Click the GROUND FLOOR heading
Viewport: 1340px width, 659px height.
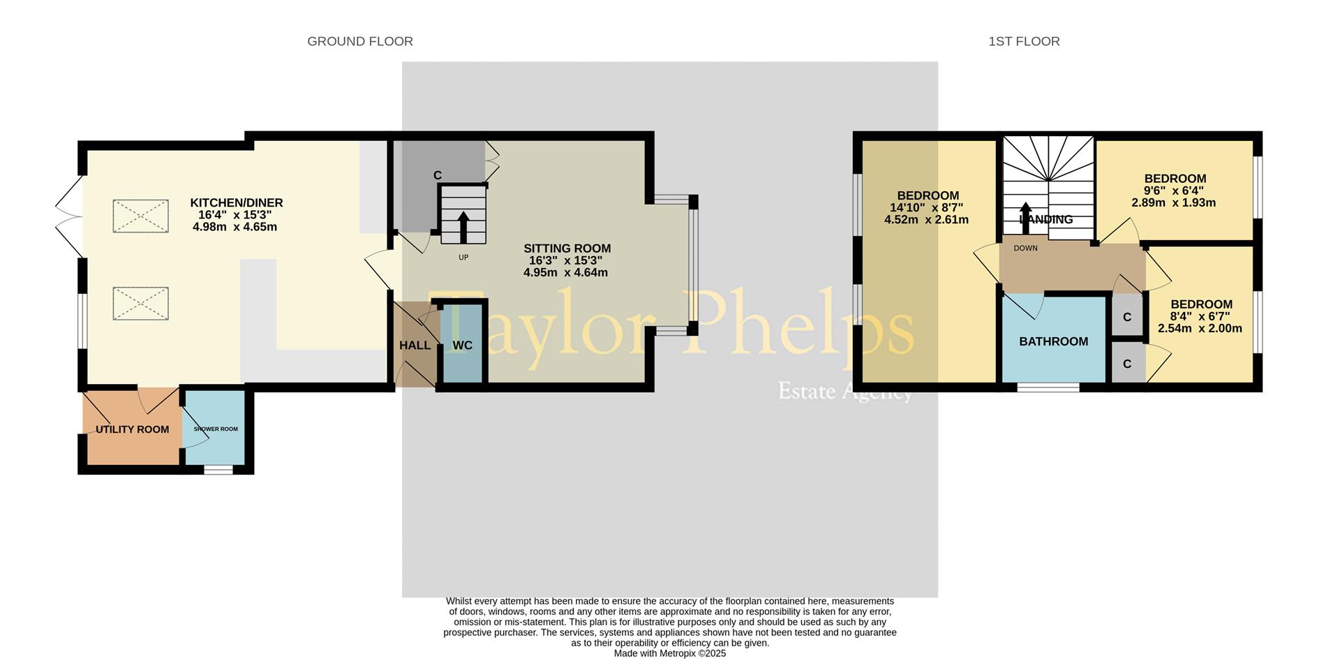coord(360,42)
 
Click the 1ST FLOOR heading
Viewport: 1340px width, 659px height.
coord(1024,42)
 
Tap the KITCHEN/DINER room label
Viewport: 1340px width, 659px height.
coord(237,203)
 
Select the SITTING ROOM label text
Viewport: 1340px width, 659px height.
coord(567,249)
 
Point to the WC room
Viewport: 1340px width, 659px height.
coord(462,346)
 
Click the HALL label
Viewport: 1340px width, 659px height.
coord(415,346)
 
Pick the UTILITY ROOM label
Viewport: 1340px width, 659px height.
coord(132,429)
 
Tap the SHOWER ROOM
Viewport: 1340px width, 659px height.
coord(216,429)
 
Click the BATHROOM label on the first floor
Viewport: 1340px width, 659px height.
coord(1053,341)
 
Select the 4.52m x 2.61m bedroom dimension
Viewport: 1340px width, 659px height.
coord(926,220)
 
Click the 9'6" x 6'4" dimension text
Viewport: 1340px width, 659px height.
coord(1173,191)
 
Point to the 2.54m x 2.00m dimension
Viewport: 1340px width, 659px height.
coord(1200,328)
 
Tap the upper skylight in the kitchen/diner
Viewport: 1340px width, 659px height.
coord(140,216)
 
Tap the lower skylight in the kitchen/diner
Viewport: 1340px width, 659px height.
coord(140,304)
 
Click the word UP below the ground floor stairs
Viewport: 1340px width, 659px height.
coord(463,258)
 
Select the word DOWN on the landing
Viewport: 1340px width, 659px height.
coord(1025,249)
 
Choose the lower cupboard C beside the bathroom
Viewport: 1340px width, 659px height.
coord(1126,364)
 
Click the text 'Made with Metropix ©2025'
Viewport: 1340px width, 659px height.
coord(669,653)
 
